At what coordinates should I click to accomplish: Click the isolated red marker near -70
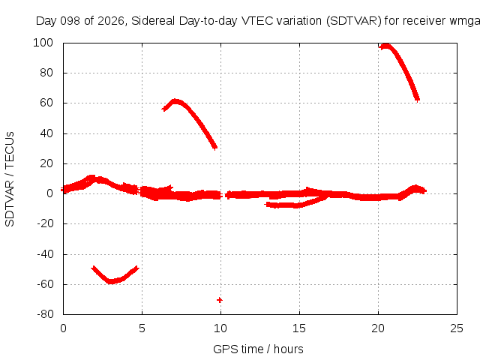click(220, 300)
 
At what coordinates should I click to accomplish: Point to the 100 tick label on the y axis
click(43, 43)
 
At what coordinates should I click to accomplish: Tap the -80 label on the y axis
click(45, 314)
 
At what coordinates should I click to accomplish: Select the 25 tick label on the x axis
click(457, 328)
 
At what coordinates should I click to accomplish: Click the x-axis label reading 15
click(299, 328)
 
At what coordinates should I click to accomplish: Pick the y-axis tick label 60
click(46, 103)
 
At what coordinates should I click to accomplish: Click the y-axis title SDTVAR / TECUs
click(10, 179)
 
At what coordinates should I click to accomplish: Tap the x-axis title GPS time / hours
click(258, 349)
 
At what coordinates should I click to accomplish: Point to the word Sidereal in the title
click(153, 21)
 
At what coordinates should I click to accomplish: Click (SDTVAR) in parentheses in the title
click(354, 21)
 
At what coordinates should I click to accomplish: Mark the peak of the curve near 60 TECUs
click(175, 101)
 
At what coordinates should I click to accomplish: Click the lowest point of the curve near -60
click(111, 281)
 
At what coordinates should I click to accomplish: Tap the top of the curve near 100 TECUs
click(385, 46)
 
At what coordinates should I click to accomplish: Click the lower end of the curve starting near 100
click(417, 99)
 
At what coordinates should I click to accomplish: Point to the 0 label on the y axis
click(50, 193)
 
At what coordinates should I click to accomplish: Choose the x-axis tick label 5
click(142, 328)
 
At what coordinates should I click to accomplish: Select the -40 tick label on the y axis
click(45, 253)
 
